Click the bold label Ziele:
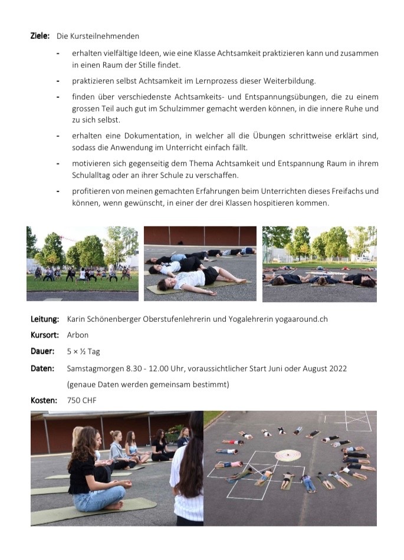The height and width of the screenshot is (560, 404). point(40,36)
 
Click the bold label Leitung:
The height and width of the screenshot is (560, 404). point(45,319)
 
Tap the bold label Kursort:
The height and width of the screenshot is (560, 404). point(45,335)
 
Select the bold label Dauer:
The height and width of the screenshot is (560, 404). point(42,351)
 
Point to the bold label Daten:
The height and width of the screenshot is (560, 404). point(42,368)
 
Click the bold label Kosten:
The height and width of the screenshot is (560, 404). point(44,401)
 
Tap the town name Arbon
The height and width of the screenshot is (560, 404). point(78,335)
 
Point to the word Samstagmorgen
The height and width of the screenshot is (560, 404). point(95,368)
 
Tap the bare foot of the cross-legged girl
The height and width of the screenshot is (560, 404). point(117,505)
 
